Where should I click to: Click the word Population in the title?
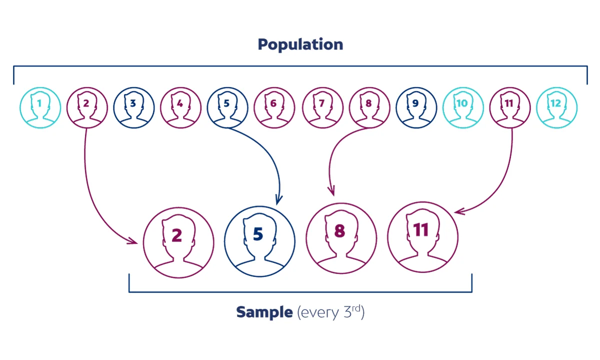click(300, 44)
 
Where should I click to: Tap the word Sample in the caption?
click(264, 312)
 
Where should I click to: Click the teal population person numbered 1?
click(40, 107)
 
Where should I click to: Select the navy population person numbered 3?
click(134, 107)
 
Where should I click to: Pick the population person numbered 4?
click(181, 107)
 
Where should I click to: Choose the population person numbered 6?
click(274, 107)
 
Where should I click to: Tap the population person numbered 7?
click(323, 107)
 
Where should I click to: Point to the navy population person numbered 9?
click(416, 107)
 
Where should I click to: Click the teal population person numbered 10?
click(463, 107)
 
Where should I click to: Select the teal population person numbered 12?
click(556, 107)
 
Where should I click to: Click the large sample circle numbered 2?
click(178, 242)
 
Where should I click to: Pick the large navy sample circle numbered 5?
click(259, 241)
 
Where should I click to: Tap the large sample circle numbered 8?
click(341, 238)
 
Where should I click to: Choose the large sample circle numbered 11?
click(422, 237)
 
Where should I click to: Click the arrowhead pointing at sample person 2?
click(132, 241)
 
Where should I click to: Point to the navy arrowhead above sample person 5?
click(278, 200)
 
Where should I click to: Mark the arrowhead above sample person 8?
click(331, 190)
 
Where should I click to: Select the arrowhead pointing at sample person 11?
click(459, 211)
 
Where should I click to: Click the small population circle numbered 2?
click(87, 107)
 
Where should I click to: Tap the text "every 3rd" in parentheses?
click(331, 312)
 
